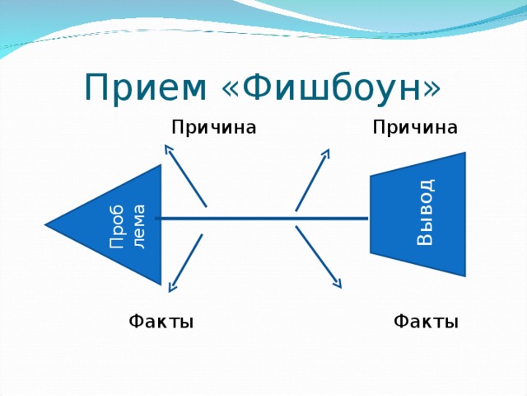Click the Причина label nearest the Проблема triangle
(213, 127)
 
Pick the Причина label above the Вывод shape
(414, 127)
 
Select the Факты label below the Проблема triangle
(161, 321)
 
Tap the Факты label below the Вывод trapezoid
(426, 321)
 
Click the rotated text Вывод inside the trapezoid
(424, 213)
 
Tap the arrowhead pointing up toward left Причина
(169, 149)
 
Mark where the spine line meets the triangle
(160, 219)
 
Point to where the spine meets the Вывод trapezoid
(370, 219)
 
